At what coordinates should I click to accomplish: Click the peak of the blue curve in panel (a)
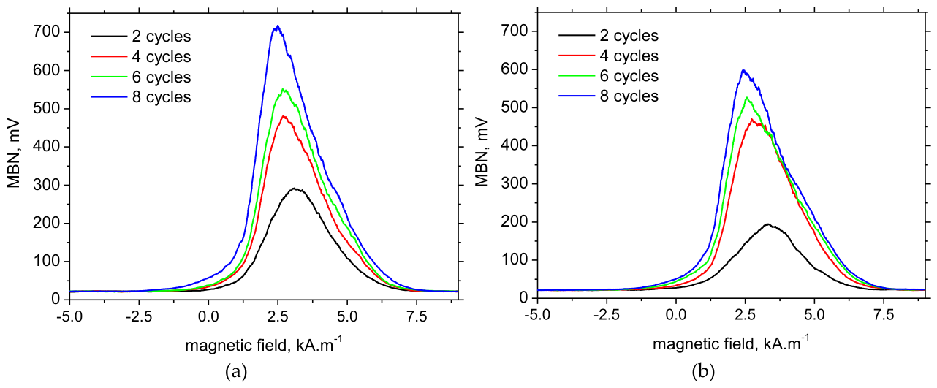tap(277, 26)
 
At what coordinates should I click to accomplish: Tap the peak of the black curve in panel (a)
tap(295, 189)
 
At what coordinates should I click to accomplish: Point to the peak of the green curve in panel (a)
tap(283, 89)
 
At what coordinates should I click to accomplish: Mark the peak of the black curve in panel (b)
tap(767, 224)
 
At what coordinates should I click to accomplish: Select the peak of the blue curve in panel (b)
tap(743, 70)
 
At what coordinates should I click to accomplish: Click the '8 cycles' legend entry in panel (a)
tap(141, 97)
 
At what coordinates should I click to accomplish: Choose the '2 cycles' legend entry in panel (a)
tap(141, 37)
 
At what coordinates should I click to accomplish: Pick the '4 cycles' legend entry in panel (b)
tap(609, 56)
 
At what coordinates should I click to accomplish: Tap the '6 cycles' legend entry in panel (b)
tap(609, 76)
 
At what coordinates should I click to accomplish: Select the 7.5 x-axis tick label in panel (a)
tap(416, 317)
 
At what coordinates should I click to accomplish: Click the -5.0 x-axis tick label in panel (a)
tap(69, 317)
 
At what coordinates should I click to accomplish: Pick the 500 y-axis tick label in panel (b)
tap(513, 107)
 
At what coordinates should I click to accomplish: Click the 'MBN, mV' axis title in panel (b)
tap(482, 152)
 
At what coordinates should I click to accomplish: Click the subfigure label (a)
tap(236, 371)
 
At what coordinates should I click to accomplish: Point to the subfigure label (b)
tap(704, 371)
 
